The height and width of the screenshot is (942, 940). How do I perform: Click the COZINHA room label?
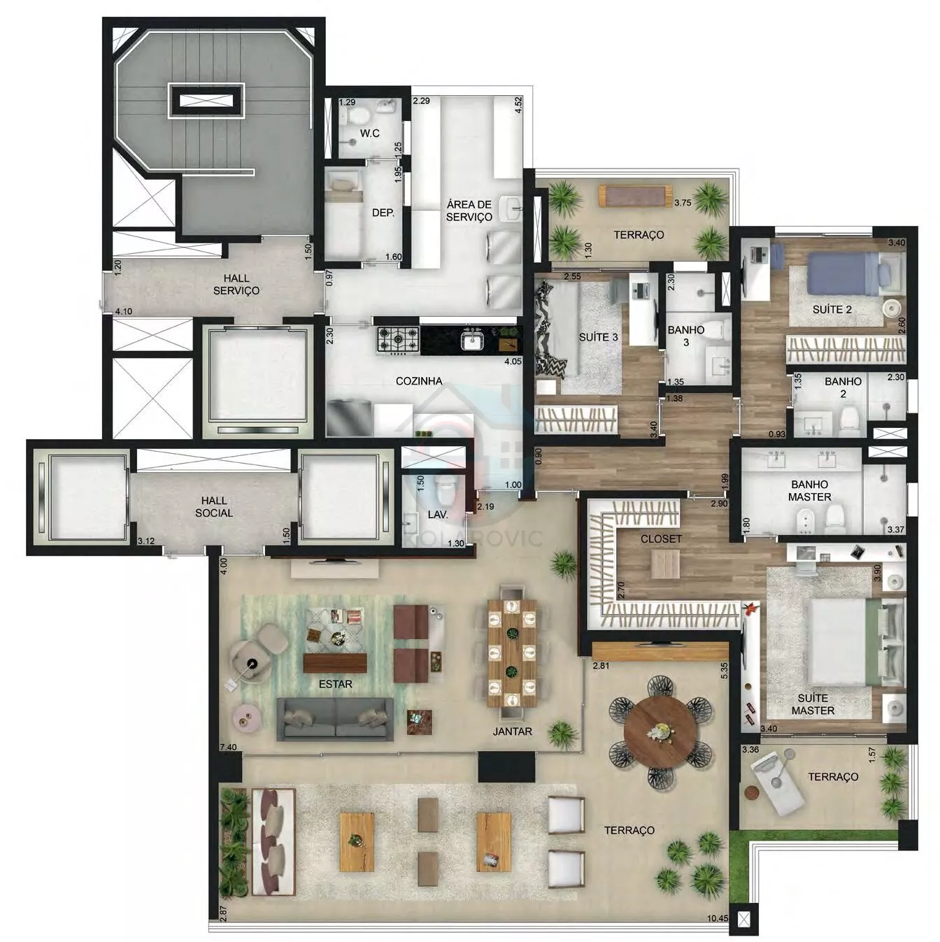coord(419,381)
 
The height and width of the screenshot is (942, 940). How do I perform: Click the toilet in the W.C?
coord(359,116)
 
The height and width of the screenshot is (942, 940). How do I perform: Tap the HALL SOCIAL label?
coord(214,506)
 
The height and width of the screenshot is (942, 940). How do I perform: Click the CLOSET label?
coord(661,538)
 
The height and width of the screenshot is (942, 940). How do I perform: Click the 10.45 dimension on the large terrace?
coord(718,918)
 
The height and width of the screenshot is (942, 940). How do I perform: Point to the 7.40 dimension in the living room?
coord(229,747)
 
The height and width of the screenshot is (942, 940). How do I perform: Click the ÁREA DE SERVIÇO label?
coord(469,210)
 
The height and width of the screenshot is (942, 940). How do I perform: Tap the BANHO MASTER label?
coord(809,490)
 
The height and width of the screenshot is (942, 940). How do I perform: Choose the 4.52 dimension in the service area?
coord(518,106)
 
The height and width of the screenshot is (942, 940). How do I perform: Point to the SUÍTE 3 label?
coord(598,337)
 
